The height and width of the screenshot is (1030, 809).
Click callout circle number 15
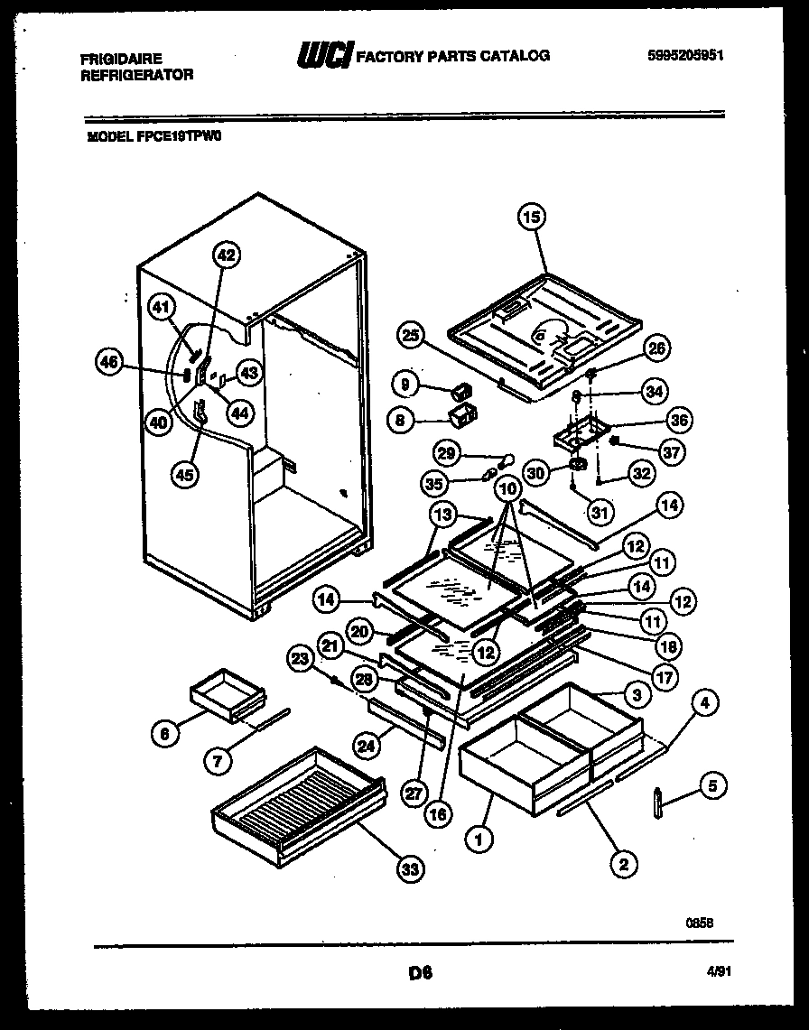tap(533, 217)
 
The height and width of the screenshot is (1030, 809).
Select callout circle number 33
tap(411, 869)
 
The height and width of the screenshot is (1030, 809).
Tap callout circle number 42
tap(226, 255)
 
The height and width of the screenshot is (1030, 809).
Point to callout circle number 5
tap(712, 786)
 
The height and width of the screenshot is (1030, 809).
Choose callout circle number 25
tap(411, 336)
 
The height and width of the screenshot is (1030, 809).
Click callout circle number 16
tap(438, 813)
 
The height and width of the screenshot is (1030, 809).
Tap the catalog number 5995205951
tap(685, 55)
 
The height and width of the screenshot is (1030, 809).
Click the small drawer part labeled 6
tap(226, 695)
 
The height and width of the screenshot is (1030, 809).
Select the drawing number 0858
tap(701, 923)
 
